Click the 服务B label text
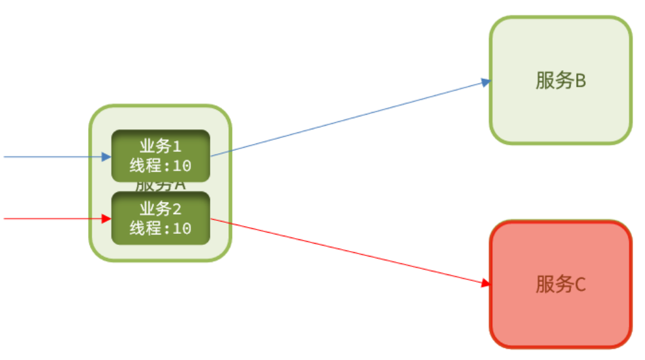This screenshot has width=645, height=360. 560,81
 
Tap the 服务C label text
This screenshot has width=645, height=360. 560,284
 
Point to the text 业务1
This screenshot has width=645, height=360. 161,147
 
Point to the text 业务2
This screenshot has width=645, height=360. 161,209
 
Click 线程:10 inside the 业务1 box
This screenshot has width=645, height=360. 161,166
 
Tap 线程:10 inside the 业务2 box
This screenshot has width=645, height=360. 161,228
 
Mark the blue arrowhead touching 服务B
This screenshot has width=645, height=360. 486,82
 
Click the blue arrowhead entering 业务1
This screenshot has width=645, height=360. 106,157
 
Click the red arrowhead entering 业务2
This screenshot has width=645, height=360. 106,218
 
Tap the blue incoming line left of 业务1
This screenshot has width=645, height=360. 49,157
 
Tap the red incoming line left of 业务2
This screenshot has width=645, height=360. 49,218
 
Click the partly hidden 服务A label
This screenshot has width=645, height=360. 161,186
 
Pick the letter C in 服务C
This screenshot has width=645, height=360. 579,285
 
